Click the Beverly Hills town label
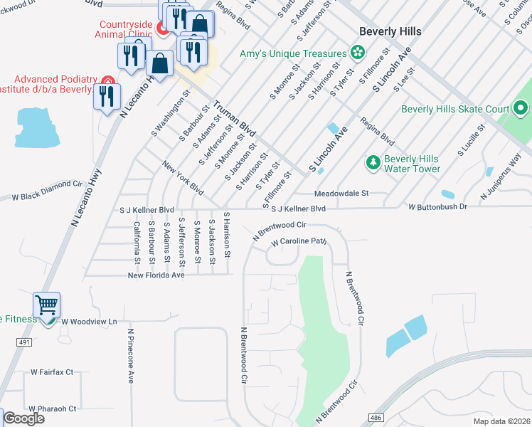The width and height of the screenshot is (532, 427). (390, 31)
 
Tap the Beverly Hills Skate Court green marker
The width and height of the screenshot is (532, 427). (521, 109)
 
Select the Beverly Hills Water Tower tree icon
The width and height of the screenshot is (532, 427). (373, 163)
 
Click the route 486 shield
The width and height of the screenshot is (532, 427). (376, 417)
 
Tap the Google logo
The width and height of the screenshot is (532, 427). (23, 418)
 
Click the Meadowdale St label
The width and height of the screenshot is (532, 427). (342, 193)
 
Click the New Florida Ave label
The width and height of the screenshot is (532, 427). (156, 275)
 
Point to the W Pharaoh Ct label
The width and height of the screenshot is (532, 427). (53, 408)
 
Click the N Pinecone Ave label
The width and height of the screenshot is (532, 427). (131, 355)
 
